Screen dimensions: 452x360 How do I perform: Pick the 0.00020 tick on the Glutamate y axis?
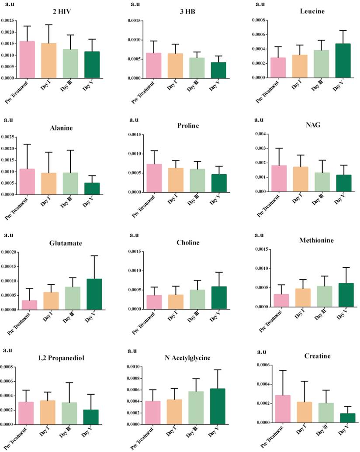[x=9, y=252]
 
